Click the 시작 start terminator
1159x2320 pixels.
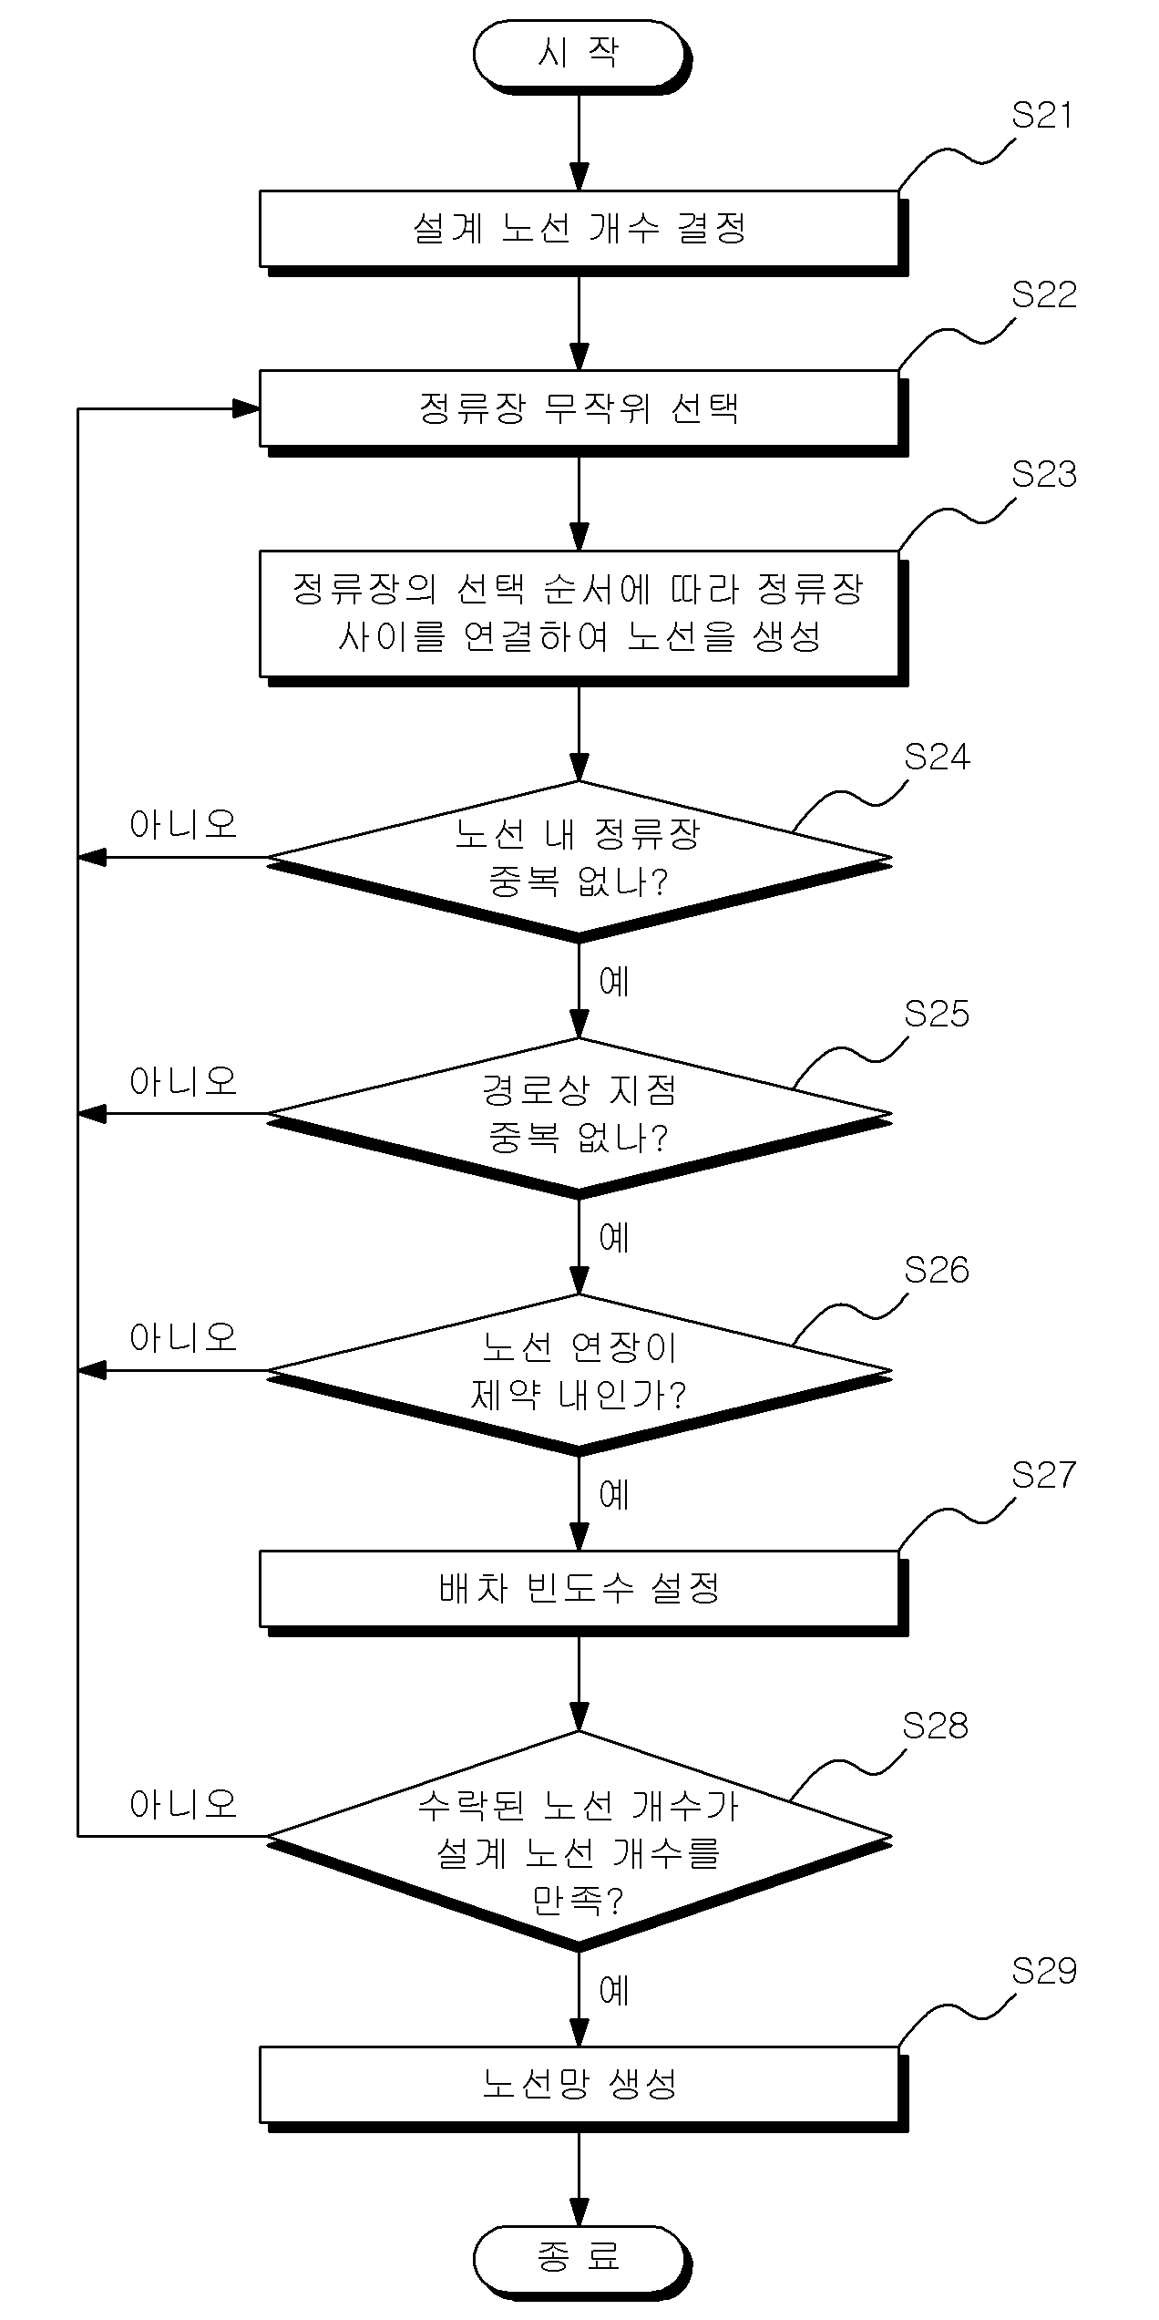pyautogui.click(x=579, y=55)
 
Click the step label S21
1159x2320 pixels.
pyautogui.click(x=1042, y=117)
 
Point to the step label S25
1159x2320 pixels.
pyautogui.click(x=937, y=1014)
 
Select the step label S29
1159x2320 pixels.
pyautogui.click(x=1044, y=1973)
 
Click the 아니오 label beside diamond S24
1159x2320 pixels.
pyautogui.click(x=183, y=825)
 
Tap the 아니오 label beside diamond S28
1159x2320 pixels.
pyautogui.click(x=183, y=1804)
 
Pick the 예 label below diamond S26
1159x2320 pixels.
pyautogui.click(x=615, y=1495)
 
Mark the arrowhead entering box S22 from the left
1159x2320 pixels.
pyautogui.click(x=247, y=409)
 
